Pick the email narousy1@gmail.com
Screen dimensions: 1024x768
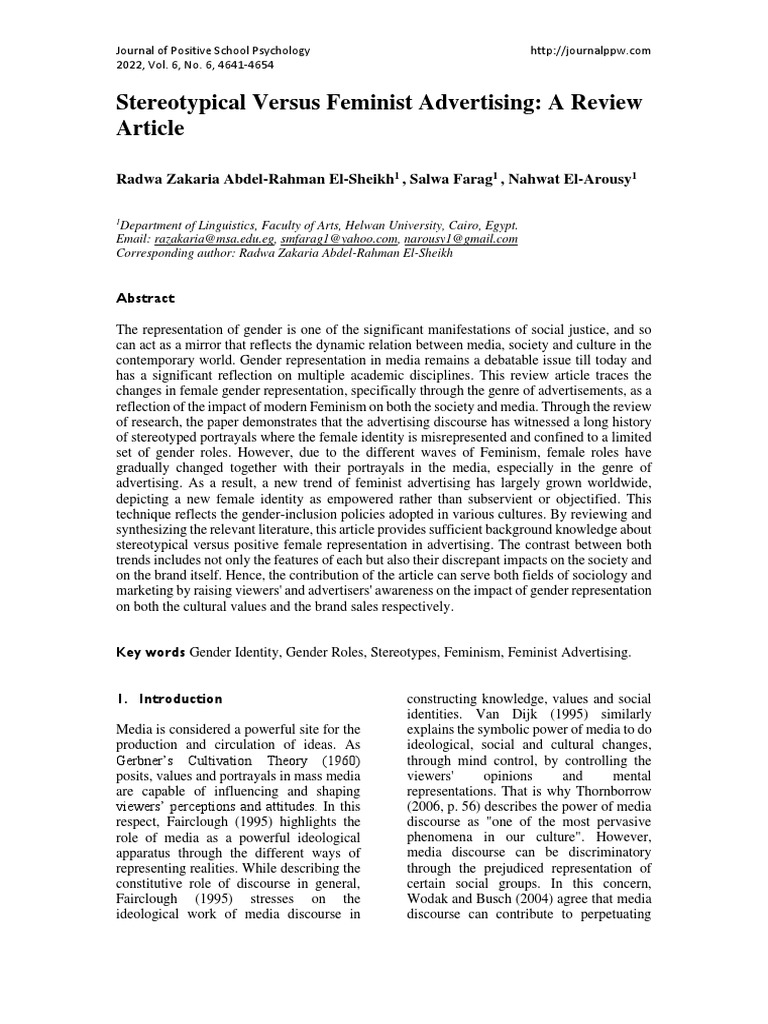point(461,240)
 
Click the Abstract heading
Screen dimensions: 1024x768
point(146,298)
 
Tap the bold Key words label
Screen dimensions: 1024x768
point(151,652)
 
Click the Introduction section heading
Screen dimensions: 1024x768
point(179,698)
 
